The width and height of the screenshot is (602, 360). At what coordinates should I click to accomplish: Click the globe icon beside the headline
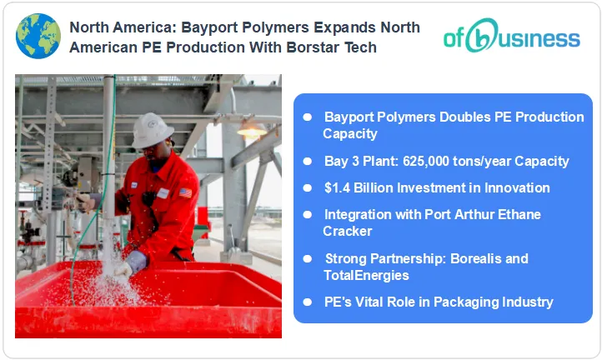38,36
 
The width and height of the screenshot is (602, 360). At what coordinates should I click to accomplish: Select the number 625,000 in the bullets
420,161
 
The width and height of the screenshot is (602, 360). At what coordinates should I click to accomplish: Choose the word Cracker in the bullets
348,231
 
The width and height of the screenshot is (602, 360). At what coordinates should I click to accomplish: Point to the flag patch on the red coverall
185,192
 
